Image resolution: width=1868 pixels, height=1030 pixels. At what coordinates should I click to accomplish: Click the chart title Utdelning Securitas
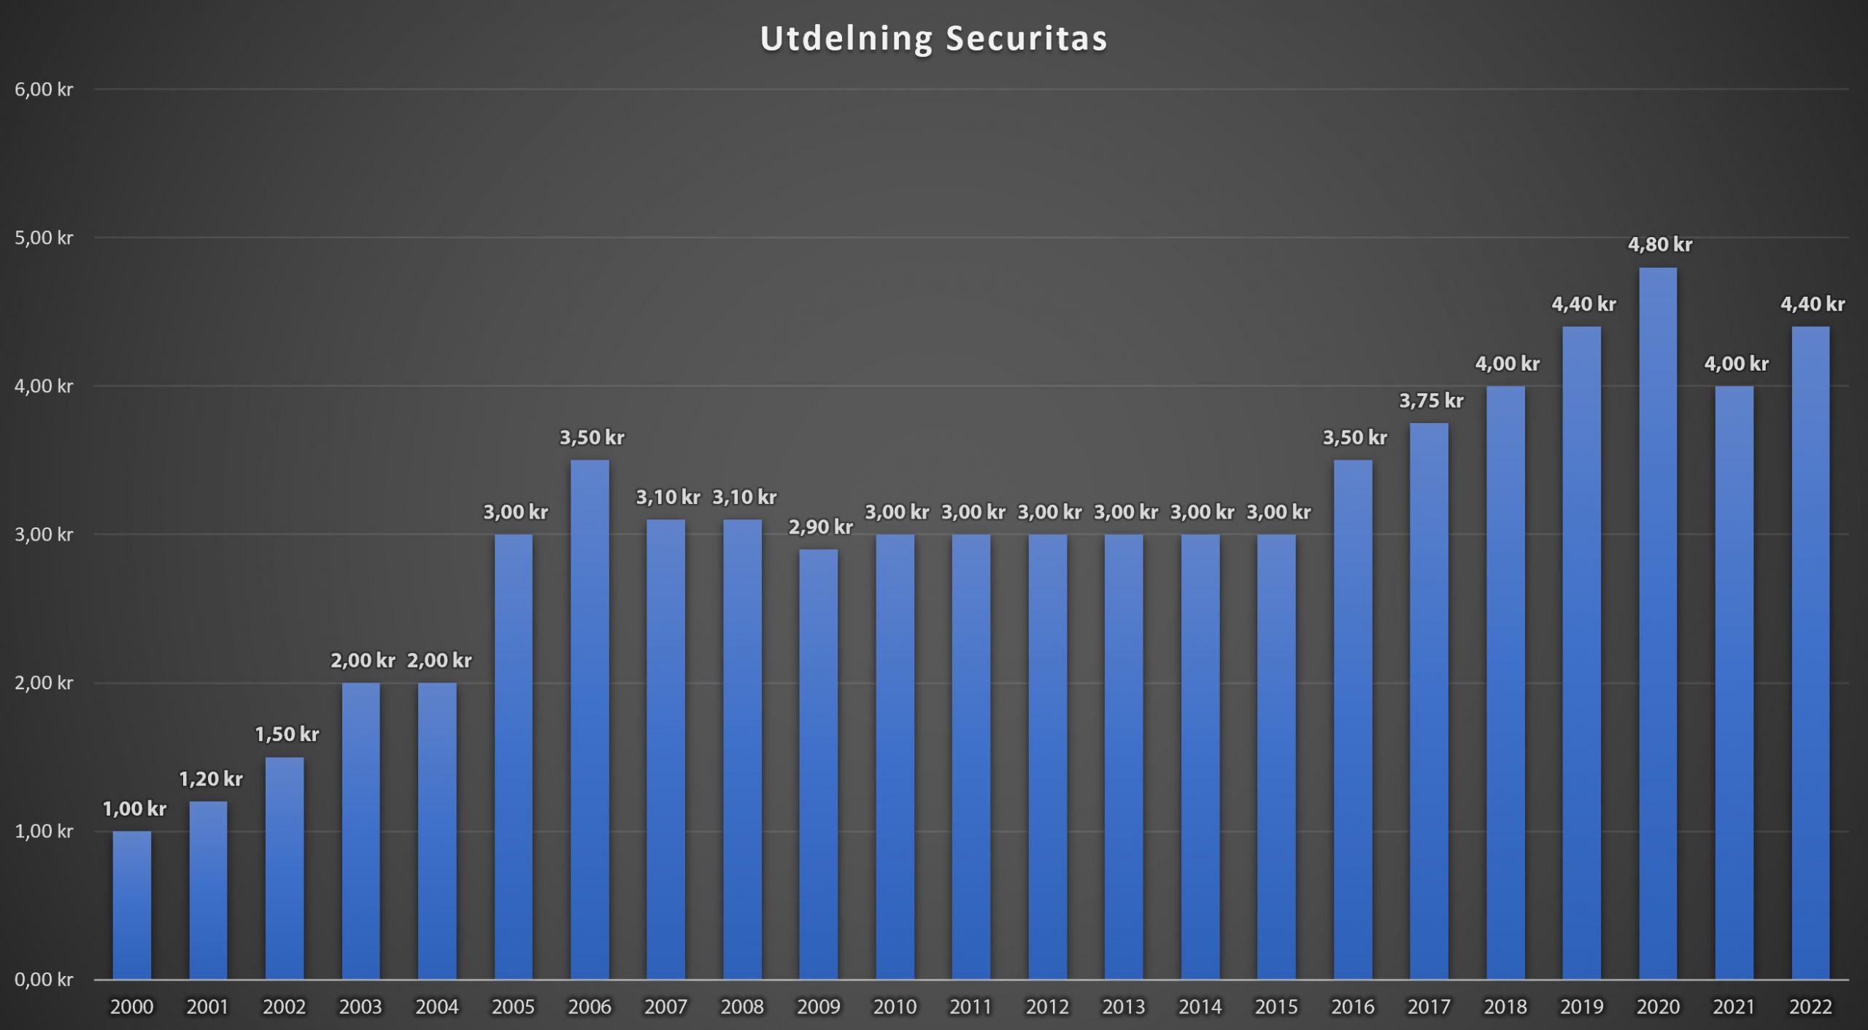click(x=933, y=39)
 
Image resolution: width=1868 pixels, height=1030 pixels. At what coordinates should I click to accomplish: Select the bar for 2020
click(x=1658, y=624)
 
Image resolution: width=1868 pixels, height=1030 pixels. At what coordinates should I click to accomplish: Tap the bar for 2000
click(x=132, y=905)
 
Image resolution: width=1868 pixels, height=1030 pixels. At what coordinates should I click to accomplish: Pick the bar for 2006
click(x=590, y=719)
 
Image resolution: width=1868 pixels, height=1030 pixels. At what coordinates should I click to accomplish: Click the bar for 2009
click(x=819, y=764)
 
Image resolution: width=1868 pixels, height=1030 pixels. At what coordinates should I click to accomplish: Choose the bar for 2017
click(x=1429, y=701)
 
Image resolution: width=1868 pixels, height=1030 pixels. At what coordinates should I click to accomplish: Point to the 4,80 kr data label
click(x=1659, y=245)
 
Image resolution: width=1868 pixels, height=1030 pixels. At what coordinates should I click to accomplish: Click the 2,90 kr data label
click(x=820, y=527)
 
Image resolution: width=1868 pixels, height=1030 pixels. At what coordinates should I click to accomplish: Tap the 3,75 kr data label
click(x=1431, y=401)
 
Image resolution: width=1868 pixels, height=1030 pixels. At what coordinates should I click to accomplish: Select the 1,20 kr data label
click(x=210, y=780)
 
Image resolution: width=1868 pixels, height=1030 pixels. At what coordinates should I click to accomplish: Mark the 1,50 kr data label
click(x=287, y=735)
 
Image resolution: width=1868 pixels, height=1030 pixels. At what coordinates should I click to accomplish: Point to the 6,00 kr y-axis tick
click(x=44, y=90)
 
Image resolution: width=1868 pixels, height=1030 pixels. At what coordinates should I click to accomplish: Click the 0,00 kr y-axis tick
click(x=44, y=980)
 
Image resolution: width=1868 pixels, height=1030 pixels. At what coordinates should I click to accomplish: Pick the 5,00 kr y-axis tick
click(x=44, y=238)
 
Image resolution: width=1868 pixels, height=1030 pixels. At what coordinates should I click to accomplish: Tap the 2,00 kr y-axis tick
click(x=44, y=683)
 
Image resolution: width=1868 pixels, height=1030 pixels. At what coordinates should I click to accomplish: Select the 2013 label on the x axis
click(x=1124, y=1007)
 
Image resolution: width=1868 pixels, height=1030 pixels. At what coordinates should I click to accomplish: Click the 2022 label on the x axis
click(x=1810, y=1007)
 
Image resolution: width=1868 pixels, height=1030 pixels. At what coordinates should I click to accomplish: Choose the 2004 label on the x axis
click(x=436, y=1007)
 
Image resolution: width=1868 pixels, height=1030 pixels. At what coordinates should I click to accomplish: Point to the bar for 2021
click(x=1734, y=683)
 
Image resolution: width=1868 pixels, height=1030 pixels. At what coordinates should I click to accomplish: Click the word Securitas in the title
click(x=1027, y=39)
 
